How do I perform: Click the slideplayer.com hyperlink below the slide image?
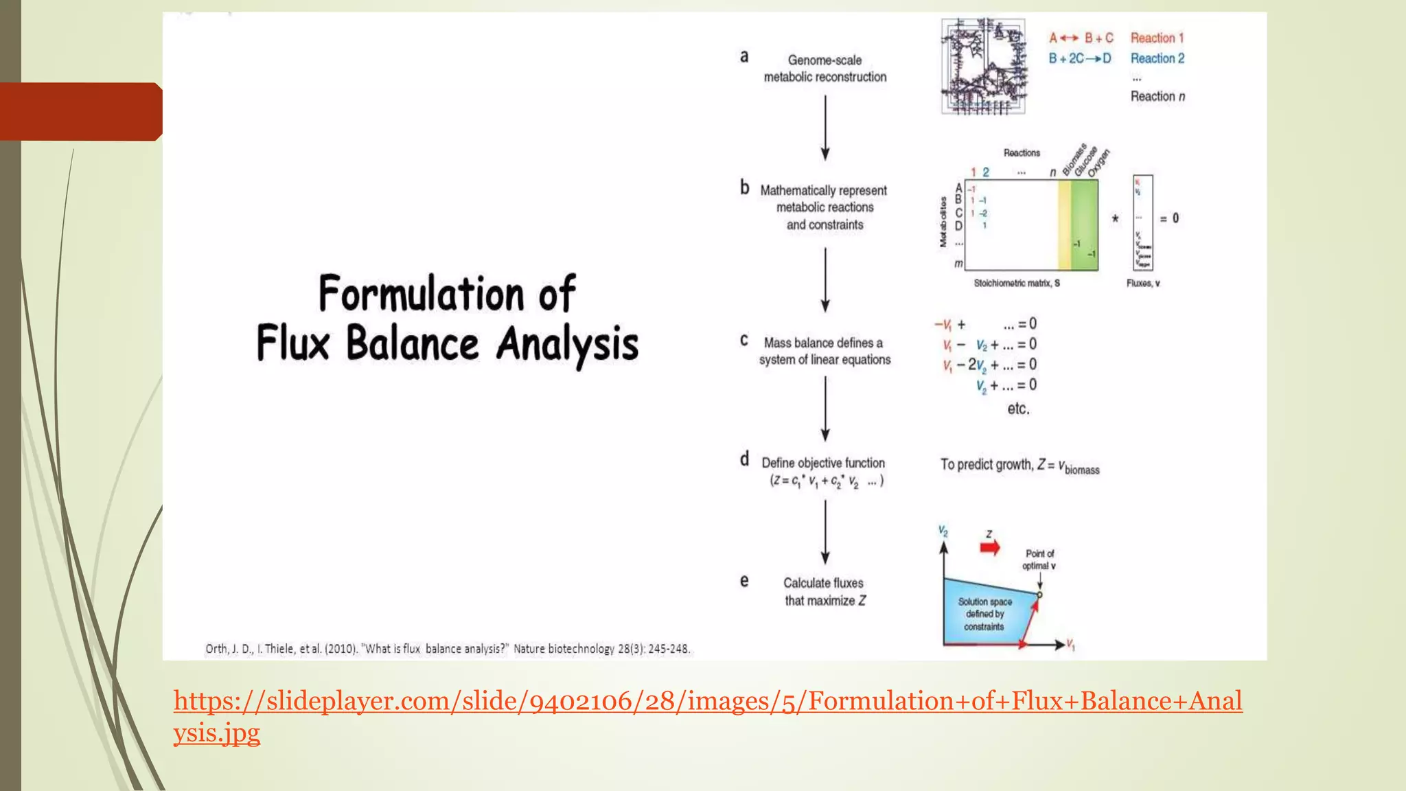tap(707, 702)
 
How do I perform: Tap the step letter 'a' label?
tap(744, 57)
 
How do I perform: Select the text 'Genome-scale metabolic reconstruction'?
tap(825, 69)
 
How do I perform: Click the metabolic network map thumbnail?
tap(983, 67)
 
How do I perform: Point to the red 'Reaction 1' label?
tap(1157, 38)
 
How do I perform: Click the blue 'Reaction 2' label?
tap(1157, 58)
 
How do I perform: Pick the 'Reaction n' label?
tap(1157, 96)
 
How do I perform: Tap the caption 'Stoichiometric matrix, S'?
tap(1016, 283)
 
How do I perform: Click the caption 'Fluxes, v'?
tap(1143, 283)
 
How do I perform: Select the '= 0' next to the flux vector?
tap(1169, 218)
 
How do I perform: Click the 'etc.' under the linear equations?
tap(1018, 409)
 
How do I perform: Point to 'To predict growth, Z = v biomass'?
tap(1019, 466)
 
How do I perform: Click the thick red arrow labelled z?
tap(989, 547)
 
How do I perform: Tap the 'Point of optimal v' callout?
tap(1039, 560)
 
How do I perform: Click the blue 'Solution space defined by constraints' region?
tap(984, 614)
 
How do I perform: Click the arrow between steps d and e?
tap(825, 531)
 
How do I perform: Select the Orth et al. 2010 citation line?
tap(447, 649)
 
